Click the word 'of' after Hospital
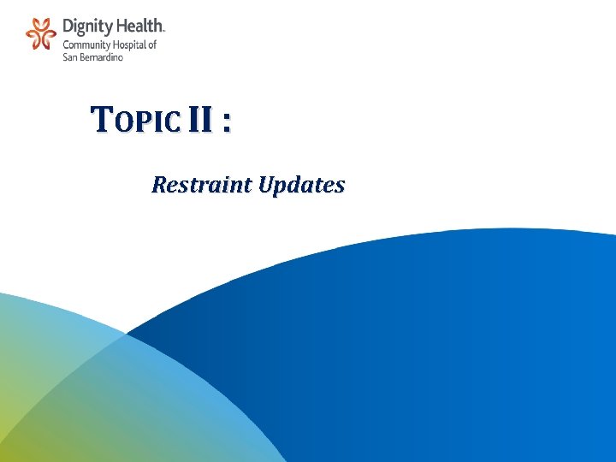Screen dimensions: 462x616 coord(152,44)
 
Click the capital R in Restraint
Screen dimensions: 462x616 coord(158,184)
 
